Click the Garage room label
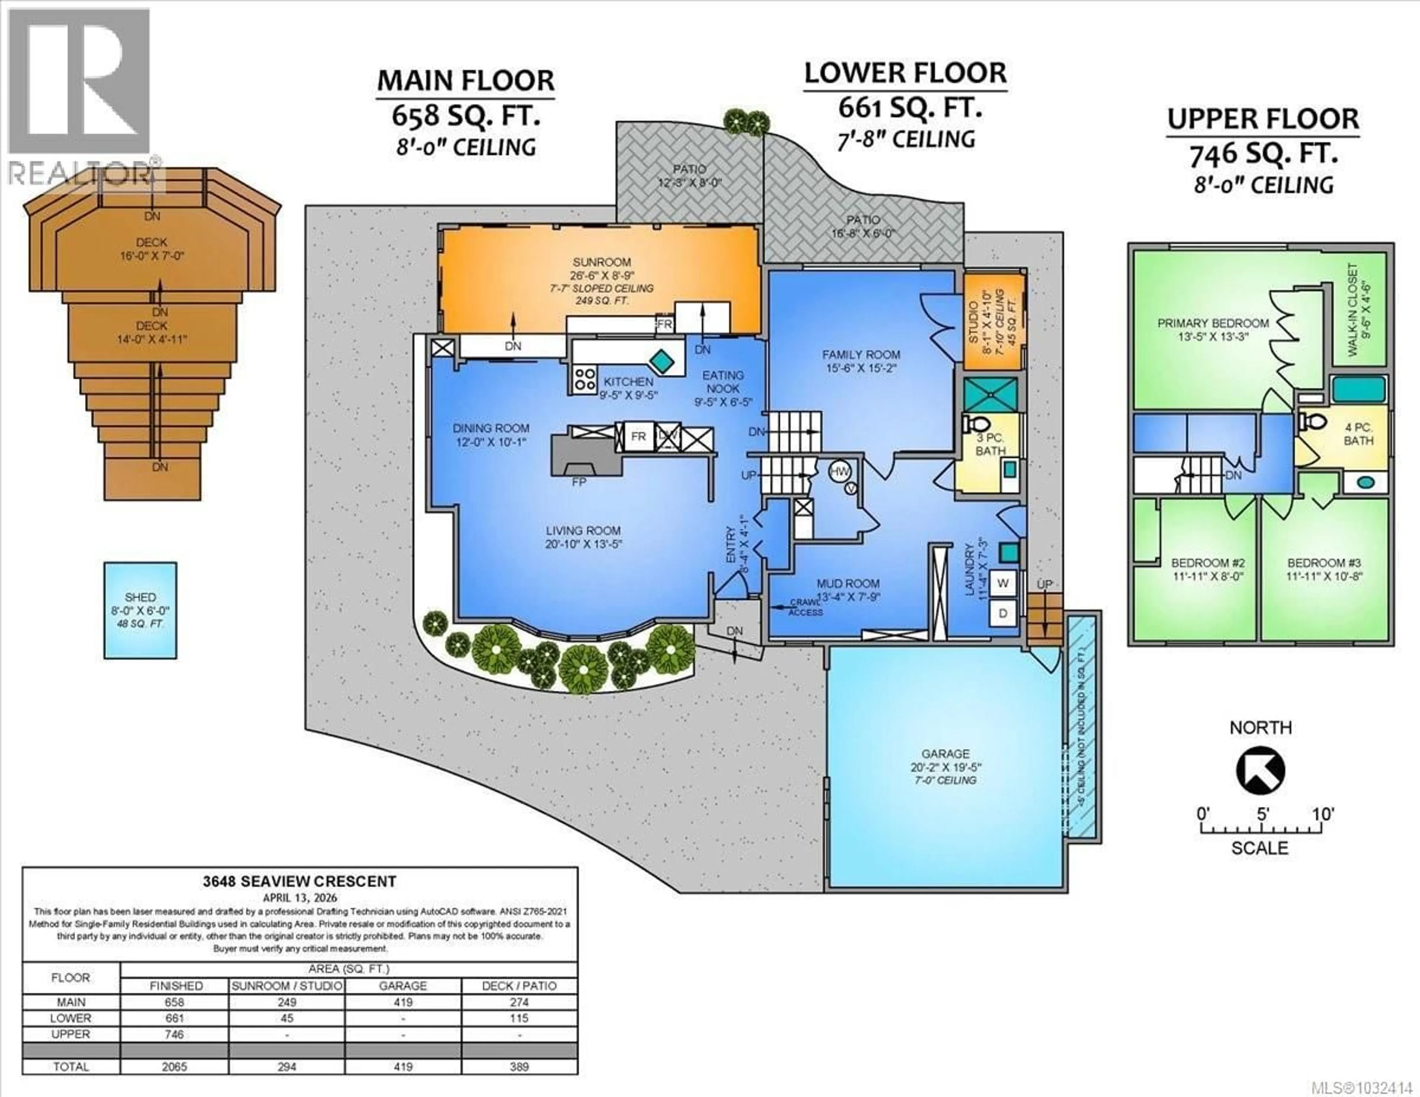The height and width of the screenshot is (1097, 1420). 945,754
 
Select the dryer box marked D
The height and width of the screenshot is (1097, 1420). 1003,613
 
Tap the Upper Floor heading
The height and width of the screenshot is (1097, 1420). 1263,119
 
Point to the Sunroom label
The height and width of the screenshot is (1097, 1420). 601,262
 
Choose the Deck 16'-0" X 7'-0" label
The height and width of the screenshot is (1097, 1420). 152,249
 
